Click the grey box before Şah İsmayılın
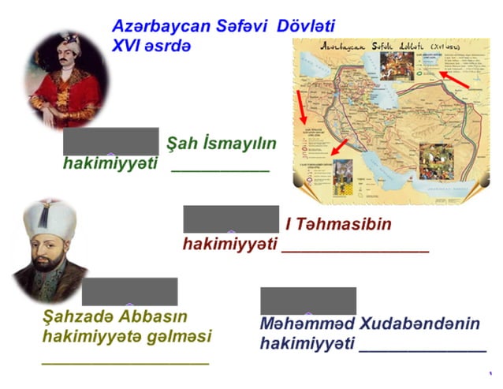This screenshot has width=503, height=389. [x=111, y=141]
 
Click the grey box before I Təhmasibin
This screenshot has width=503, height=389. [x=231, y=219]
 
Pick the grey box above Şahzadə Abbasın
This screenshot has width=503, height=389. [x=130, y=291]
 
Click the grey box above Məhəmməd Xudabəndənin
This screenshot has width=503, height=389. [x=308, y=301]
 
